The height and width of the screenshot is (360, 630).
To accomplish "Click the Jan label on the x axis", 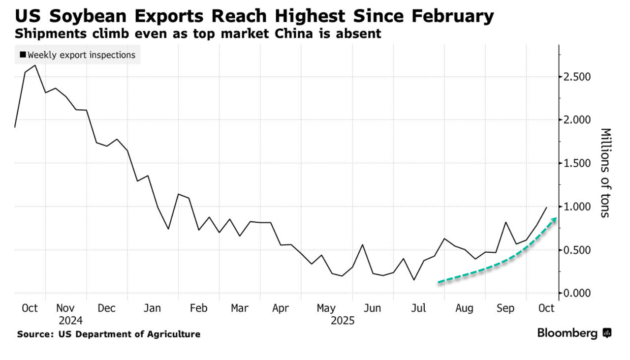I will click(x=153, y=308).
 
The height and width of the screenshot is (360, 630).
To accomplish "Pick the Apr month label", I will click(x=281, y=308).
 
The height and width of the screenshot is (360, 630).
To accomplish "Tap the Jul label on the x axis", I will click(x=418, y=308).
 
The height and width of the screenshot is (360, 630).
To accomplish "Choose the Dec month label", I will click(x=106, y=308).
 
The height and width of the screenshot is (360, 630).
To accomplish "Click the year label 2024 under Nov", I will click(x=70, y=321).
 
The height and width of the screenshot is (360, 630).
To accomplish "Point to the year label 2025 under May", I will click(x=343, y=321).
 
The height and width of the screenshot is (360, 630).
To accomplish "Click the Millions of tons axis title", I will click(x=605, y=172).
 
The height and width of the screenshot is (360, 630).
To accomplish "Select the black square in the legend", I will click(x=23, y=55).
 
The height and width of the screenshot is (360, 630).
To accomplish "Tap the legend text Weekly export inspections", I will click(x=81, y=55).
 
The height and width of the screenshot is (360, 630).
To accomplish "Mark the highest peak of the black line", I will click(x=34, y=65).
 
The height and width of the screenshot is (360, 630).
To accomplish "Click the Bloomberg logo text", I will click(x=567, y=333).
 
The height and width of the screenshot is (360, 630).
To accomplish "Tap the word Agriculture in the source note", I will click(x=174, y=334).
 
